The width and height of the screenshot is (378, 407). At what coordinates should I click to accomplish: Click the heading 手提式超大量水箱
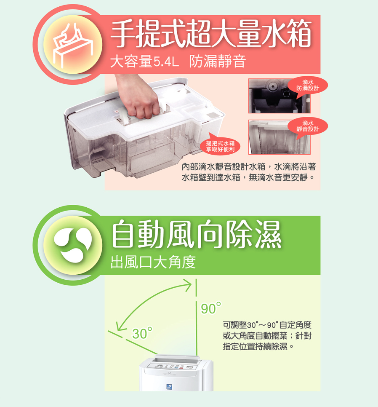point(211,34)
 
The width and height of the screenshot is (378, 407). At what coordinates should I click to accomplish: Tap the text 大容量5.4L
point(144,62)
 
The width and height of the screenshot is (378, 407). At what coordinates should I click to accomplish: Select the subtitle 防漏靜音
point(217,62)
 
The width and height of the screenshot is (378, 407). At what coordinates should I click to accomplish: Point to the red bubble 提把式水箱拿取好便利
point(220,146)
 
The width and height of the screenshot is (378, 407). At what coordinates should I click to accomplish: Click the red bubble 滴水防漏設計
point(308,86)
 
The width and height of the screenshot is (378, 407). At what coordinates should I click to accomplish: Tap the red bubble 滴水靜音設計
point(308,126)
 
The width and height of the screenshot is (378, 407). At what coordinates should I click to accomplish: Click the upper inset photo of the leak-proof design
point(279,96)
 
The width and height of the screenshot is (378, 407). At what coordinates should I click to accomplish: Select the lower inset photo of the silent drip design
point(279,137)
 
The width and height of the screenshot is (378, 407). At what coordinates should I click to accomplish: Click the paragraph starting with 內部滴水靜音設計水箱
point(249,172)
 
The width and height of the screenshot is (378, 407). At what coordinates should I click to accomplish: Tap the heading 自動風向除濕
point(196,234)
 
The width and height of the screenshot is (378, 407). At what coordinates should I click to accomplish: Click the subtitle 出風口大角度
point(153,262)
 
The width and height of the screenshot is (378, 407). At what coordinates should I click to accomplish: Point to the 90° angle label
point(211,308)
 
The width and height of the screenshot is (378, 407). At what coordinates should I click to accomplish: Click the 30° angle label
point(142,333)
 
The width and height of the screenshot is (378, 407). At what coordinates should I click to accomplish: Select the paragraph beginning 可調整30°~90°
point(267,336)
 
